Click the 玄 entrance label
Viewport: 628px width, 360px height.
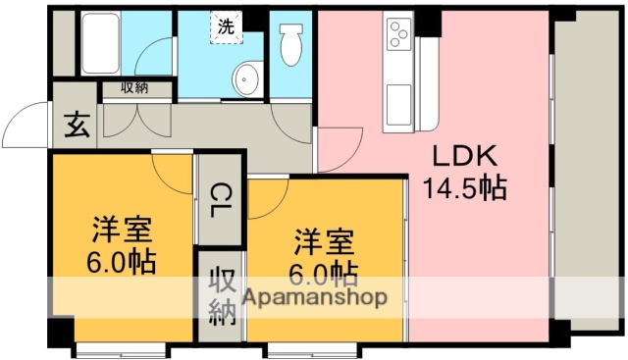[x=76, y=126]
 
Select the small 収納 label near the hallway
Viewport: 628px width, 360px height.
[x=135, y=88]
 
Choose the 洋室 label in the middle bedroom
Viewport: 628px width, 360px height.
[x=323, y=239]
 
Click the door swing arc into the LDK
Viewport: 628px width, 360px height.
[x=334, y=147]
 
